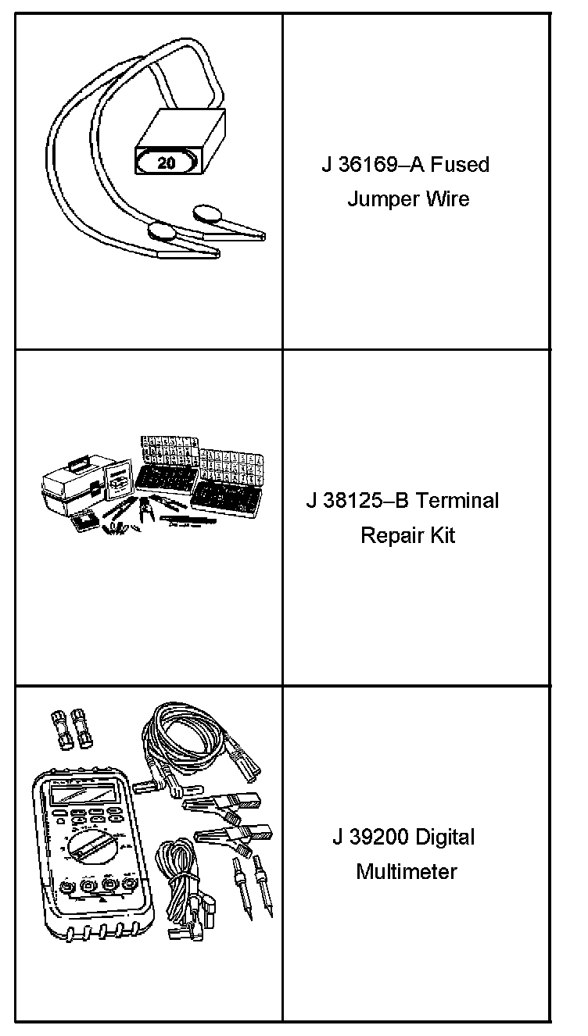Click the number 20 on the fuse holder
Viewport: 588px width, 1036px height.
pyautogui.click(x=166, y=163)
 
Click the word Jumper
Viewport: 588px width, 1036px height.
pyautogui.click(x=382, y=199)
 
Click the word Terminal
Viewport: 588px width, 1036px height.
pyautogui.click(x=457, y=501)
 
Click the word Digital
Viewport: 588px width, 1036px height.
pyautogui.click(x=445, y=838)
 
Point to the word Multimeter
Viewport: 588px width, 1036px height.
pyautogui.click(x=406, y=872)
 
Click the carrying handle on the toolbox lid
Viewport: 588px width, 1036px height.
pyautogui.click(x=78, y=465)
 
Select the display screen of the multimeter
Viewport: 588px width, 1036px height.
pyautogui.click(x=78, y=797)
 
